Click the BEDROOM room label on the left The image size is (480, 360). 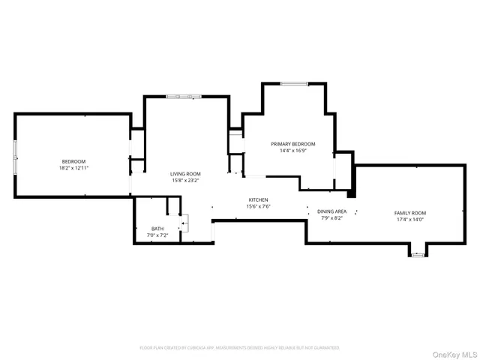point(73,162)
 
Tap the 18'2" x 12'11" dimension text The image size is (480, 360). point(73,168)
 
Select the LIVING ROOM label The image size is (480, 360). point(185,173)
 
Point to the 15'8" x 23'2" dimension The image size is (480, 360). point(185,180)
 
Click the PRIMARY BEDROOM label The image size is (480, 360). point(292,144)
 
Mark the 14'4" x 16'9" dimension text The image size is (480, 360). point(292,151)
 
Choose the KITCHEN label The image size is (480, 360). point(259,199)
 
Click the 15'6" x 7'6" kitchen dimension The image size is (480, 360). point(259,206)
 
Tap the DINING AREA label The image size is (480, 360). point(331,211)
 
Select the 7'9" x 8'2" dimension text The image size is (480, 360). point(331,218)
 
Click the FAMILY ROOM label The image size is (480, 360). point(409,213)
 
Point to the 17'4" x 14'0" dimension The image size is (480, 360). point(409,220)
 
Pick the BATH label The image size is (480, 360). point(157,229)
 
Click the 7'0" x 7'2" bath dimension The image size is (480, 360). point(157,235)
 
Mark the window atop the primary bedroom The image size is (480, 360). point(292,83)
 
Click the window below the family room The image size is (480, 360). point(418,255)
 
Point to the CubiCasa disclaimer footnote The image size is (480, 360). point(239,348)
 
